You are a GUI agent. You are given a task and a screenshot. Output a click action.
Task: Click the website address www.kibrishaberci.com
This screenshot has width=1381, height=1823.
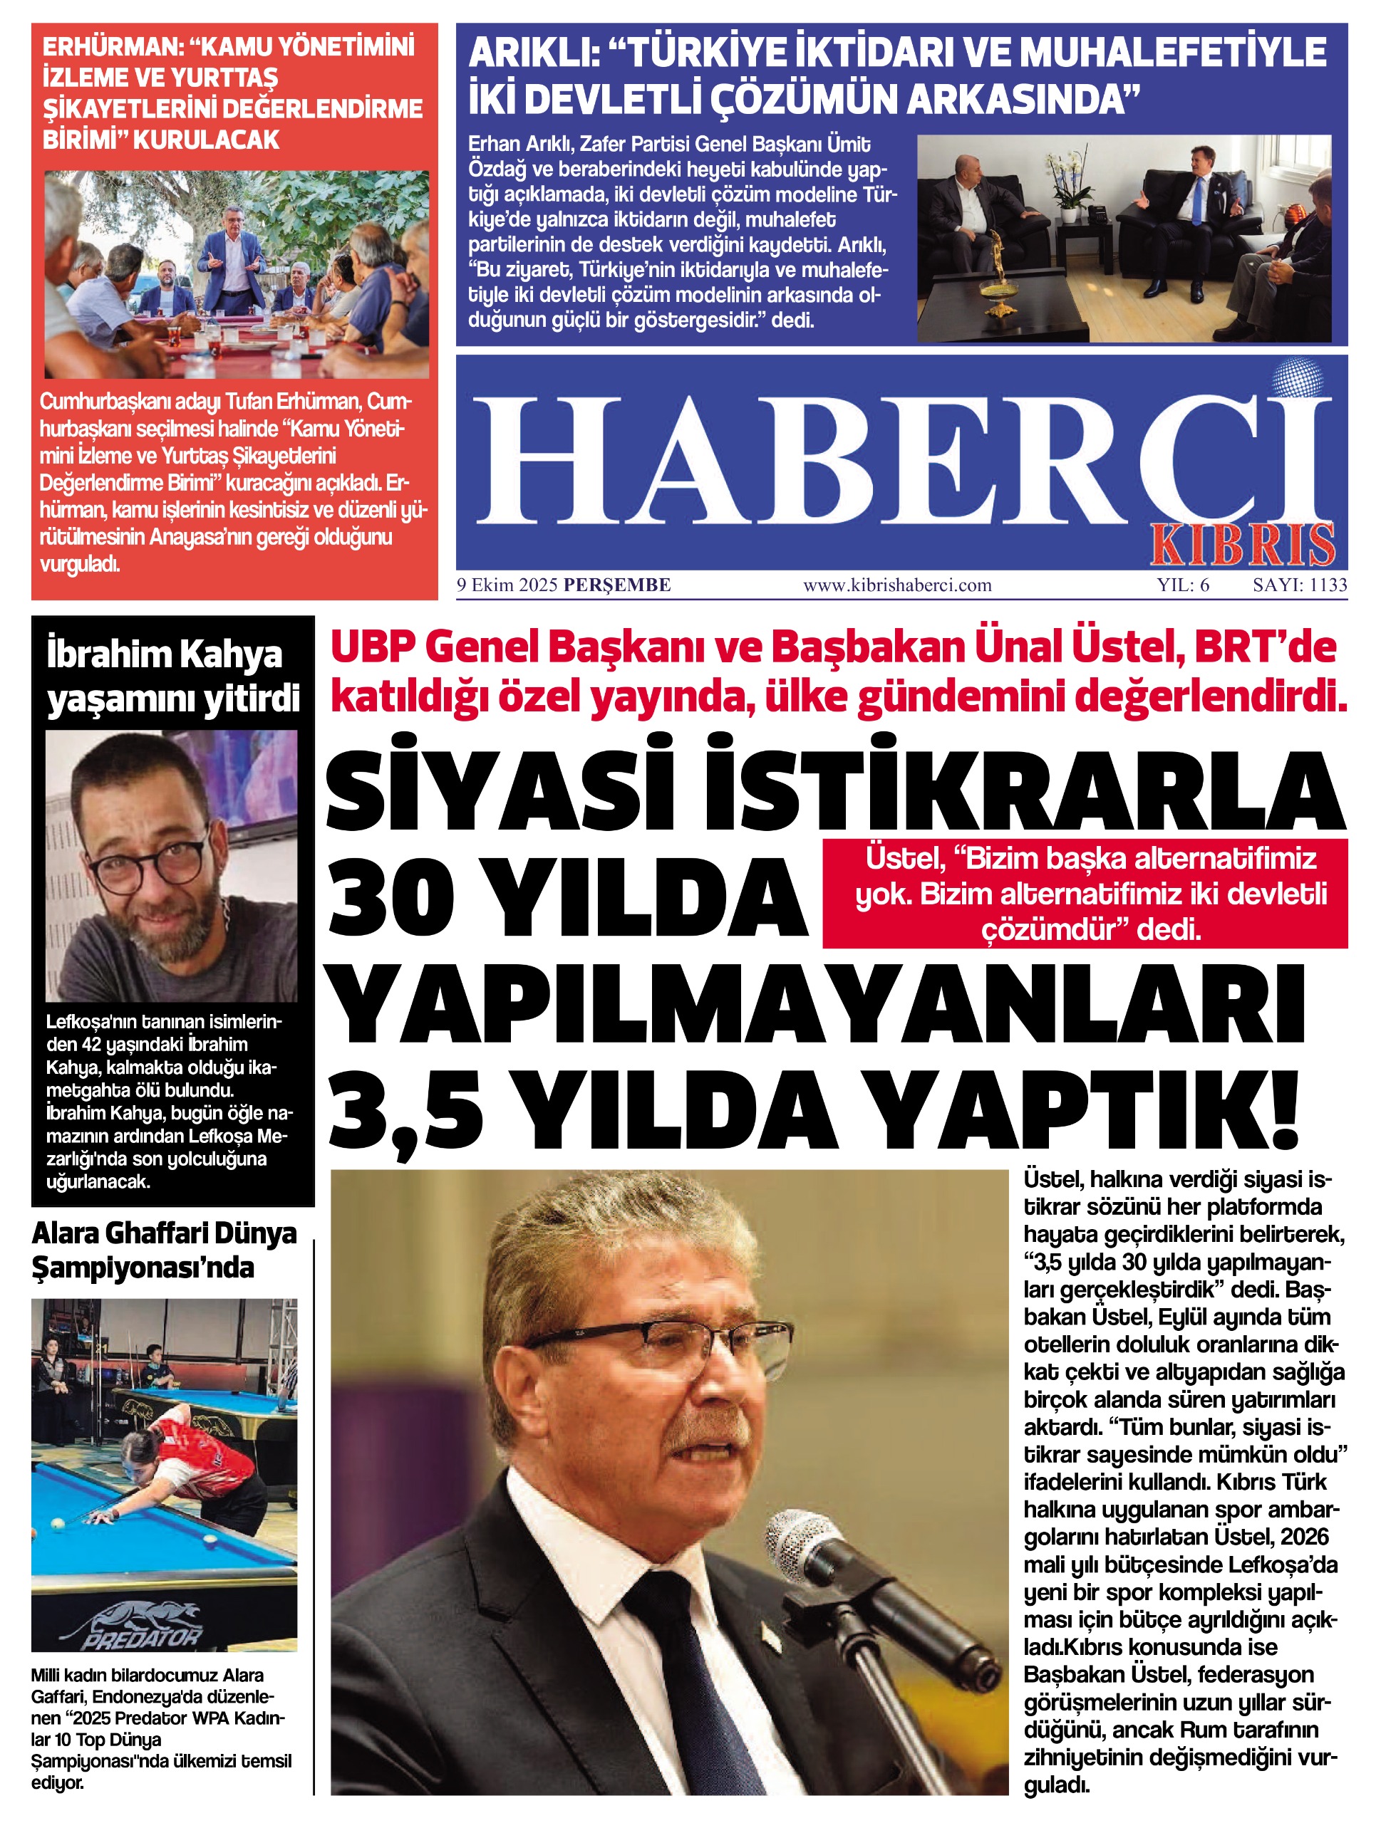897,586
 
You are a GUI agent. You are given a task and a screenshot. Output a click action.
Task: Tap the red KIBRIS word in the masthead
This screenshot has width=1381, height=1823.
1243,545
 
